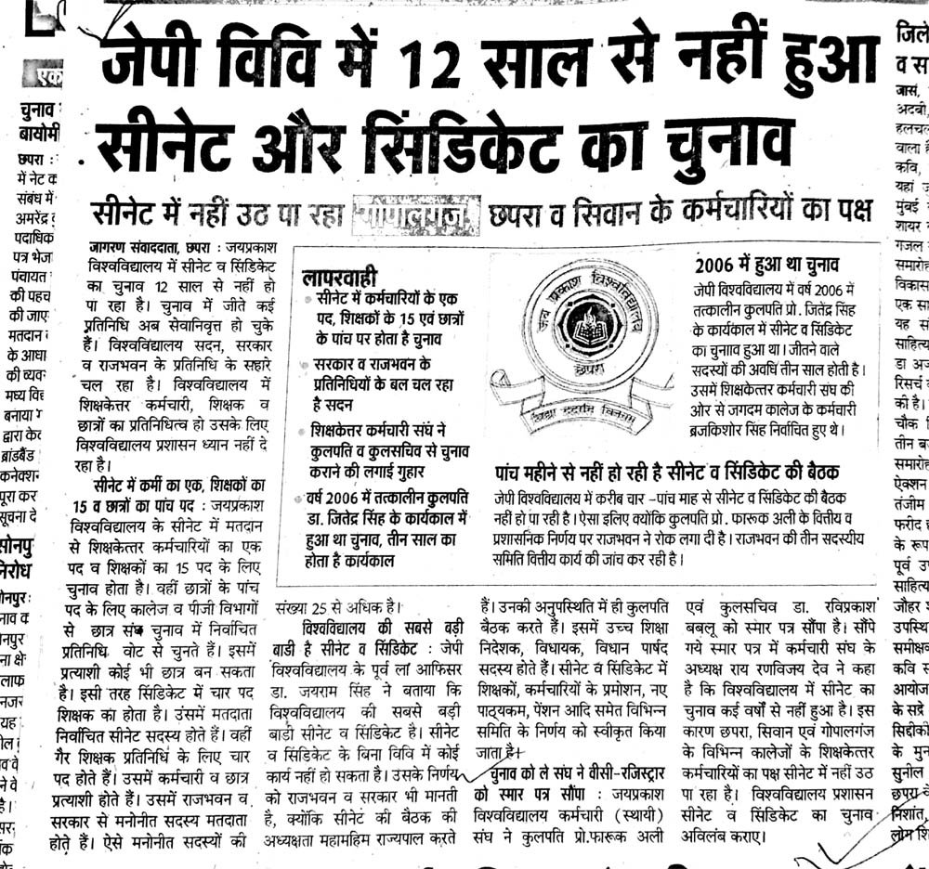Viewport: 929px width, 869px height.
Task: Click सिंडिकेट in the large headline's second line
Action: [x=482, y=143]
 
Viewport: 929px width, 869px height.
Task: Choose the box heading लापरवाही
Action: [x=341, y=276]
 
